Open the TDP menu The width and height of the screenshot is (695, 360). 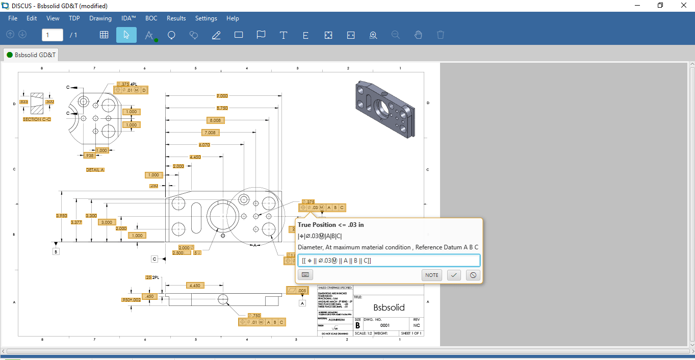pos(74,18)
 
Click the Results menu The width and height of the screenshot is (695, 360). pos(176,18)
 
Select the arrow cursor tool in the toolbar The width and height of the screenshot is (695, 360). pos(126,35)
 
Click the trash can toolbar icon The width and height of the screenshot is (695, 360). pos(441,35)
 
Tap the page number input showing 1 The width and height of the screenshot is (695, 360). pos(52,35)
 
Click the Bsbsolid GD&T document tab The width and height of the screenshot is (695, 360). pos(31,55)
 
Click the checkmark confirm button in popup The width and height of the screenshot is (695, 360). pos(454,275)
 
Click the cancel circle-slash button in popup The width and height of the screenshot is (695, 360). pos(473,275)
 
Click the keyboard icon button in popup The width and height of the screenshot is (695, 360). pos(305,275)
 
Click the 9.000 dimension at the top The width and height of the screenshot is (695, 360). pos(222,96)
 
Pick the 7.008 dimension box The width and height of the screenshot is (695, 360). pos(210,133)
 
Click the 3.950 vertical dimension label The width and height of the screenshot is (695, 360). pos(61,216)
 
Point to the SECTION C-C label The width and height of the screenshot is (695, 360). pos(37,119)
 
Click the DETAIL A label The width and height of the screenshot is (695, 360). pos(95,169)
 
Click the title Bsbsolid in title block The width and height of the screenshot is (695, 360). pos(389,307)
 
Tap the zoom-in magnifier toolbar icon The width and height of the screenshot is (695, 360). pos(373,35)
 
